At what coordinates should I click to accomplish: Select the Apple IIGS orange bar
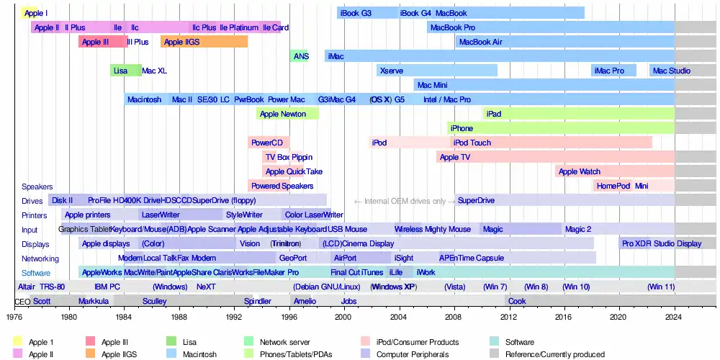click(x=204, y=42)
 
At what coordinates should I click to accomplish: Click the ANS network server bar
click(x=300, y=55)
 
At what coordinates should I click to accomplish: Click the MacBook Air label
click(x=480, y=42)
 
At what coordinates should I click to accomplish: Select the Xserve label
click(x=391, y=71)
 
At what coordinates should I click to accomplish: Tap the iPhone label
click(x=462, y=128)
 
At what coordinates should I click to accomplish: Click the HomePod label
click(x=613, y=186)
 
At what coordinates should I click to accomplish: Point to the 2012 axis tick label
click(x=509, y=315)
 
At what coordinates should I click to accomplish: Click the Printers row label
click(x=34, y=215)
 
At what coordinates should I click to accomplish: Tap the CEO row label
click(x=22, y=302)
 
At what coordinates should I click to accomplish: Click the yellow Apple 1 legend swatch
click(x=18, y=342)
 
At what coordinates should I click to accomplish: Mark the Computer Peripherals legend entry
click(x=413, y=354)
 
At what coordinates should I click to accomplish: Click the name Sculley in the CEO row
click(x=154, y=301)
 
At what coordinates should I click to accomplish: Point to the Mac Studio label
click(x=671, y=71)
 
